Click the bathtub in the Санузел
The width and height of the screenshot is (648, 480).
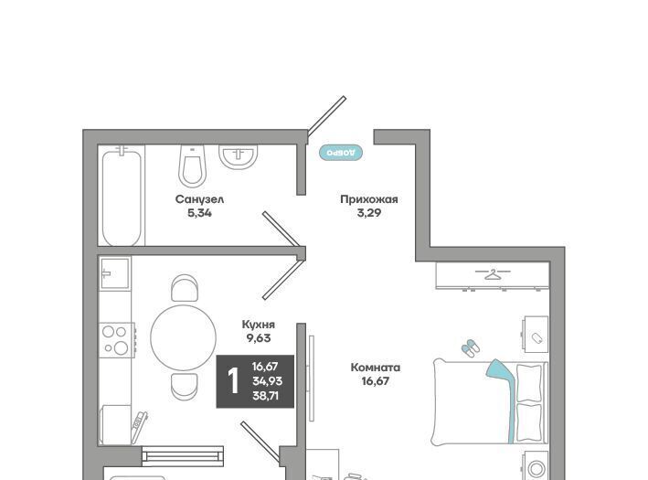122,197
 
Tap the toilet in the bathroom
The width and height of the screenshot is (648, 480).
192,165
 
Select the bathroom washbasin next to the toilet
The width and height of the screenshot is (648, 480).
238,157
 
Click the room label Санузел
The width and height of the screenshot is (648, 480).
199,199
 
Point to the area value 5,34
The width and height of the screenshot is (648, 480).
199,213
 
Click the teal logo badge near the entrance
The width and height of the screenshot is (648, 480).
341,153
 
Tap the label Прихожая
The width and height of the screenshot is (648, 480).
369,199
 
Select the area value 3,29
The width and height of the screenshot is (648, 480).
369,213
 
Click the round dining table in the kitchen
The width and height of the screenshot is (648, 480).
183,337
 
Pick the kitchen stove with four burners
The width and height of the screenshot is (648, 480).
116,340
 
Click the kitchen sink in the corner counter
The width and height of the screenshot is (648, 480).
115,272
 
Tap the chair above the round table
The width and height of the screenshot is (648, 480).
185,288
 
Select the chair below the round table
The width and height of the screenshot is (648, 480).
185,387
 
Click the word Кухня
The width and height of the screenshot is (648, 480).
259,325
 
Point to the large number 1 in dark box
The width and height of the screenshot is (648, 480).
233,381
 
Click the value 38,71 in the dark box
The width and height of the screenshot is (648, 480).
266,396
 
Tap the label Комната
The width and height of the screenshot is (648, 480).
376,368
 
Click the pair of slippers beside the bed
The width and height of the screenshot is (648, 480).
471,348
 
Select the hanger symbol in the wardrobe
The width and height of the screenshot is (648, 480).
493,274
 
